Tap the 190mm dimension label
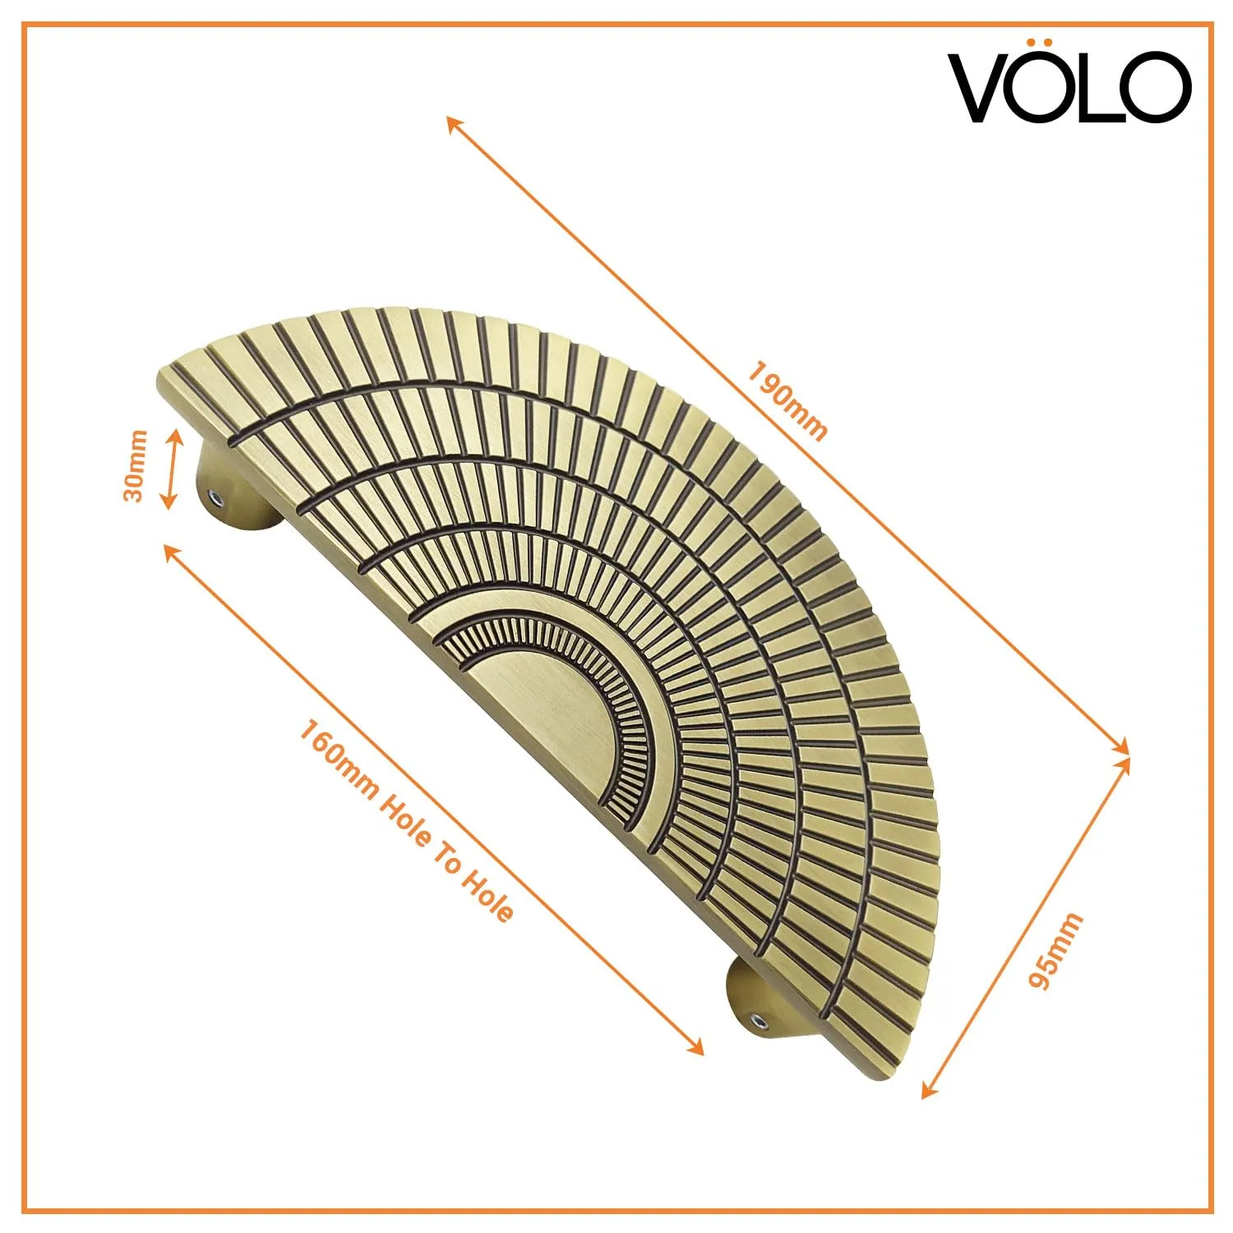click(x=786, y=400)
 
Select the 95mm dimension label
click(x=1055, y=950)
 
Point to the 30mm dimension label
click(x=134, y=465)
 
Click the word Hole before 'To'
click(x=408, y=823)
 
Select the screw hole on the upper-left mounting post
click(x=215, y=497)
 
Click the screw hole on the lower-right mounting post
click(x=759, y=1021)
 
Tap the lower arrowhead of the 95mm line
click(x=928, y=1090)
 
